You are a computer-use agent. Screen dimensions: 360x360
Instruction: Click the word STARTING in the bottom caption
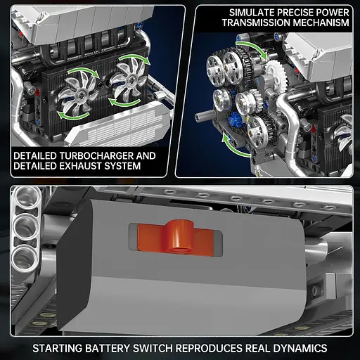tap(60, 348)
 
